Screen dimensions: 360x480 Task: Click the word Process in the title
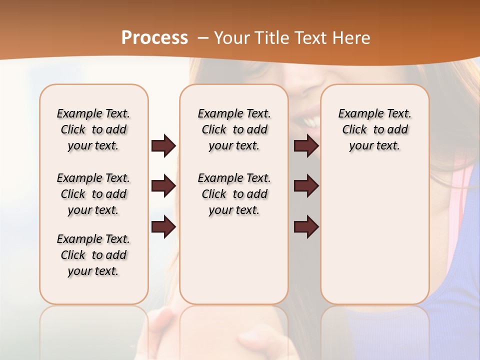tap(154, 37)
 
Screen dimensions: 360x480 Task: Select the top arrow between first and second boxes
tap(163, 146)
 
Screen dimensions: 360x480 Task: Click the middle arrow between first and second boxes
tap(163, 186)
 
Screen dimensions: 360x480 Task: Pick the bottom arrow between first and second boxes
tap(163, 227)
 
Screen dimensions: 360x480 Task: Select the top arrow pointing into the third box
tap(306, 146)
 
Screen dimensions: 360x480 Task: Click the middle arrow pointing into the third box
tap(306, 186)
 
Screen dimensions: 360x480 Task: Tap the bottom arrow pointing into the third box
tap(306, 227)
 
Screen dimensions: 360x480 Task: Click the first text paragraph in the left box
tap(93, 129)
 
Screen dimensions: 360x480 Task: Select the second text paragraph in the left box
tap(93, 194)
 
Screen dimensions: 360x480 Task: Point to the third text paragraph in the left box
tap(93, 255)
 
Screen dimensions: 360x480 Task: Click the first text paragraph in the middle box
tap(234, 129)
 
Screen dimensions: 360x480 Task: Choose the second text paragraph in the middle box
tap(234, 194)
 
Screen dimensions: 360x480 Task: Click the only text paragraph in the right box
tap(375, 129)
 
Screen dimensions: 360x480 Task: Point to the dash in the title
tap(203, 38)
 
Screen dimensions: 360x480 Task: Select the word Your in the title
tap(231, 37)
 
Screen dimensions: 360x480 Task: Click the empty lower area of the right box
tap(375, 240)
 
